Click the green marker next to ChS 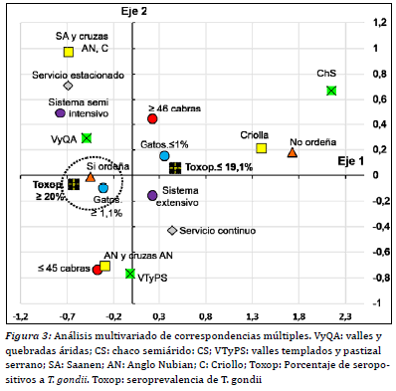point(331,92)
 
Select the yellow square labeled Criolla point(262,148)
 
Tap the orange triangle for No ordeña point(292,153)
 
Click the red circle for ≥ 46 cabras point(152,118)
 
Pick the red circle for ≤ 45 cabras point(97,270)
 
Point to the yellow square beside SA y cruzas point(69,52)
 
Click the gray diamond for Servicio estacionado point(68,87)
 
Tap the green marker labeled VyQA point(87,138)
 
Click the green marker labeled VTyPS point(130,274)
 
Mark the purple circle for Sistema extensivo point(152,196)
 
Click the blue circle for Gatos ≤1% point(164,156)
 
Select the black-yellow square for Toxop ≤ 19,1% point(176,168)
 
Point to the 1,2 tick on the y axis point(378,22)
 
